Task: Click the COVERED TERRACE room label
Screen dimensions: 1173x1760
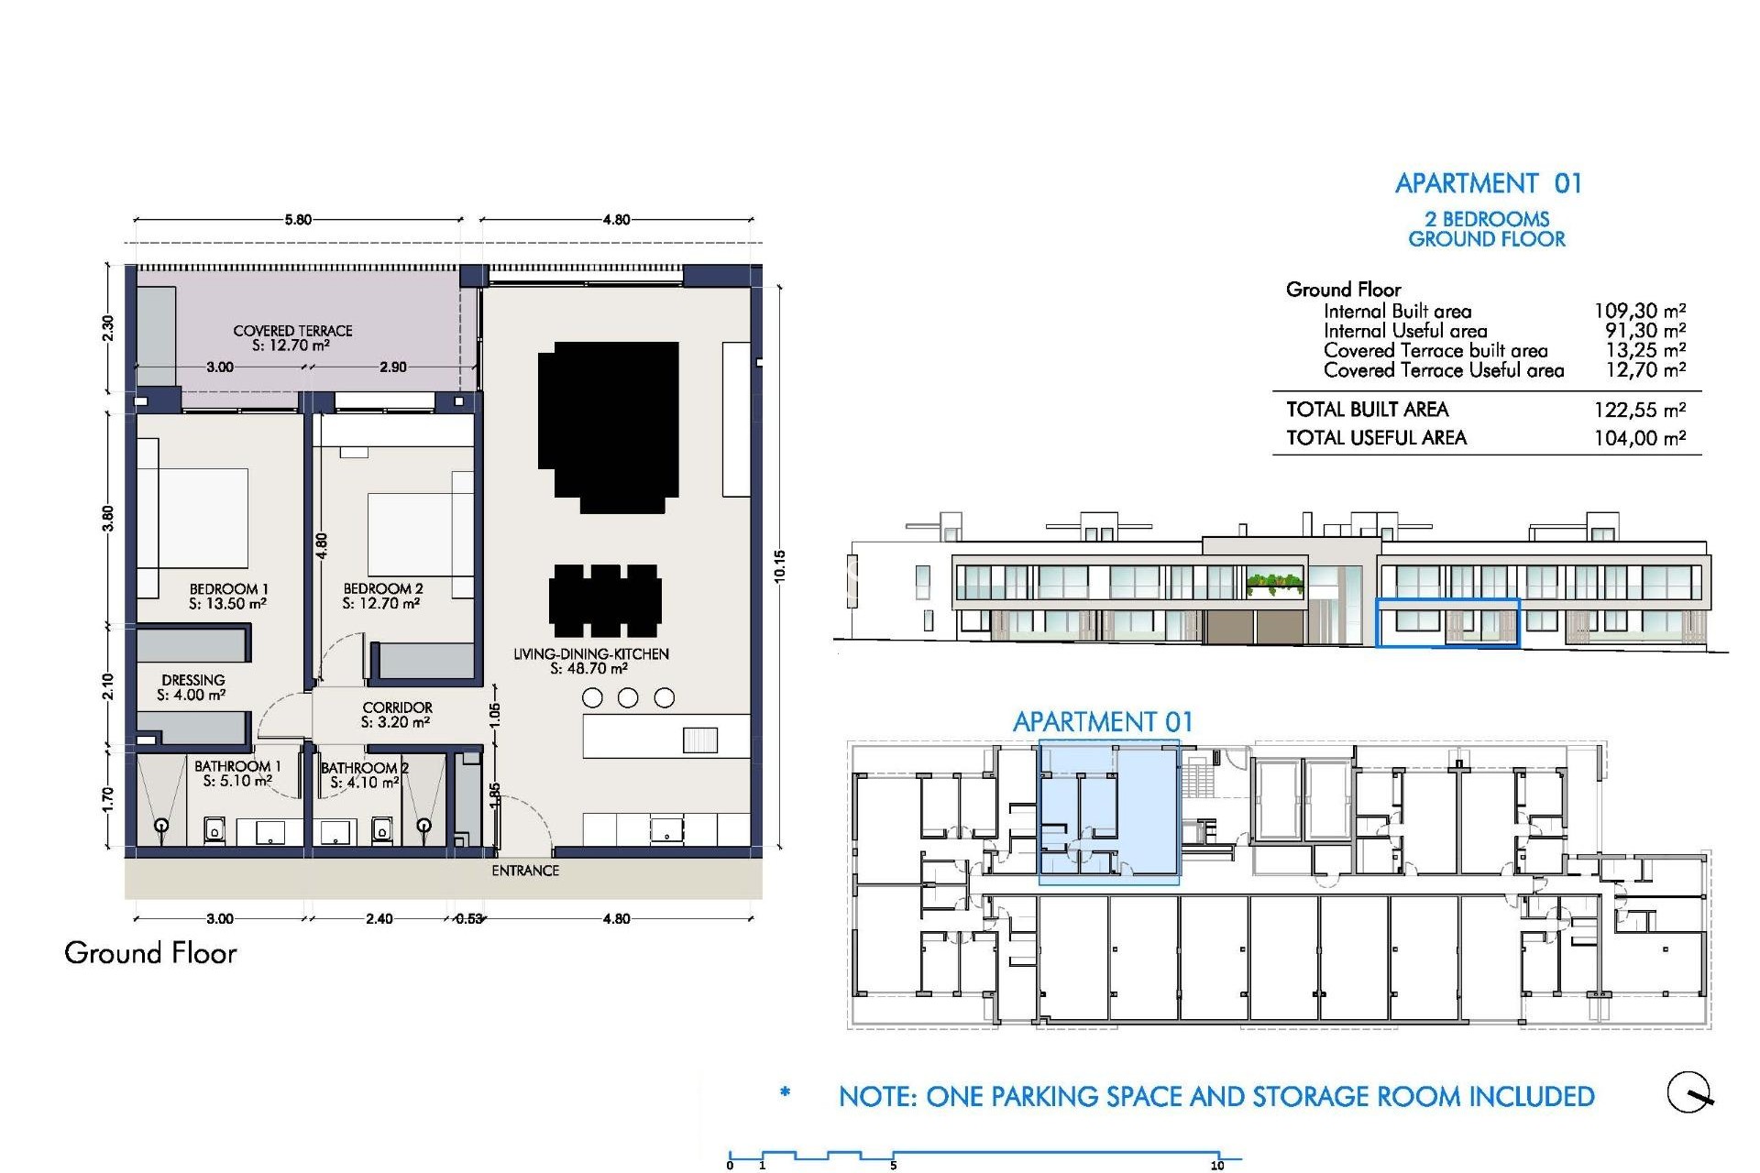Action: [292, 331]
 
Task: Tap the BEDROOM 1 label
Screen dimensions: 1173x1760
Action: [228, 589]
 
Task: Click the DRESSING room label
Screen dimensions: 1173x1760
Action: [192, 680]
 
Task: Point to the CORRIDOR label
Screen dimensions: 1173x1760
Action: [397, 707]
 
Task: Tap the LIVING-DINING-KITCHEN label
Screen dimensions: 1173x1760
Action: [590, 654]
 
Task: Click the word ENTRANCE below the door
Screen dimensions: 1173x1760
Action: [525, 871]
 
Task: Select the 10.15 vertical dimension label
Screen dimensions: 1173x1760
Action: [779, 566]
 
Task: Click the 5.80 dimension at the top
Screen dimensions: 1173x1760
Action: [298, 220]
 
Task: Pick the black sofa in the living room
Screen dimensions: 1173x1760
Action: [609, 426]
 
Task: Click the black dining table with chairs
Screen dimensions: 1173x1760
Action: [606, 601]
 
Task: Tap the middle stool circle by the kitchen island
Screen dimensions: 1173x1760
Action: [628, 698]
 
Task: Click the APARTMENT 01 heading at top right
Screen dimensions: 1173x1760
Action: [1488, 183]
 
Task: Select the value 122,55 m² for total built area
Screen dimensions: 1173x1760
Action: [1639, 410]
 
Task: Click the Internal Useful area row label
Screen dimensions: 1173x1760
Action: [1405, 331]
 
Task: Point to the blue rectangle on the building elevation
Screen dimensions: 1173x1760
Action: [1447, 623]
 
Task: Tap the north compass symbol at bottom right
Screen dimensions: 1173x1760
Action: [1688, 1092]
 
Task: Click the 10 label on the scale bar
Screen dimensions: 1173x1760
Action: [1217, 1166]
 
